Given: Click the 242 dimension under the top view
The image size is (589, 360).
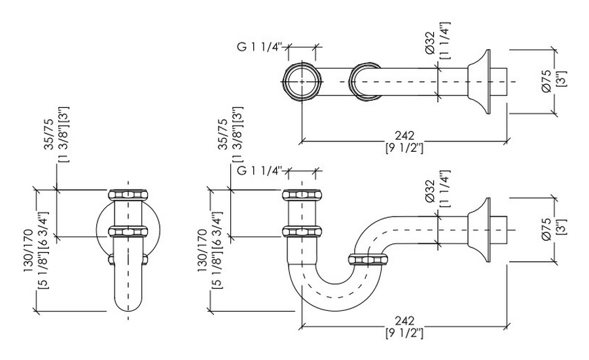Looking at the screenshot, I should (x=405, y=135).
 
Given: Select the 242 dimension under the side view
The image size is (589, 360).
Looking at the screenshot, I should (x=405, y=321).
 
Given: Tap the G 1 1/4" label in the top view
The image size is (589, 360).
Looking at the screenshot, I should (x=258, y=46).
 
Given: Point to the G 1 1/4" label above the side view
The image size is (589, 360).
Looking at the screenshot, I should (x=258, y=172).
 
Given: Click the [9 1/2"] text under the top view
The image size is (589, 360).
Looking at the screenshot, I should (x=405, y=148).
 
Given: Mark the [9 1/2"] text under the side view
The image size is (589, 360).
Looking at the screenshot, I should (x=405, y=334).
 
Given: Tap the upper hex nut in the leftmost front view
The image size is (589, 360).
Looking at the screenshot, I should (x=129, y=194).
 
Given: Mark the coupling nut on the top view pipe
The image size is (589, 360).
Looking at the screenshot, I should (x=365, y=82).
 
